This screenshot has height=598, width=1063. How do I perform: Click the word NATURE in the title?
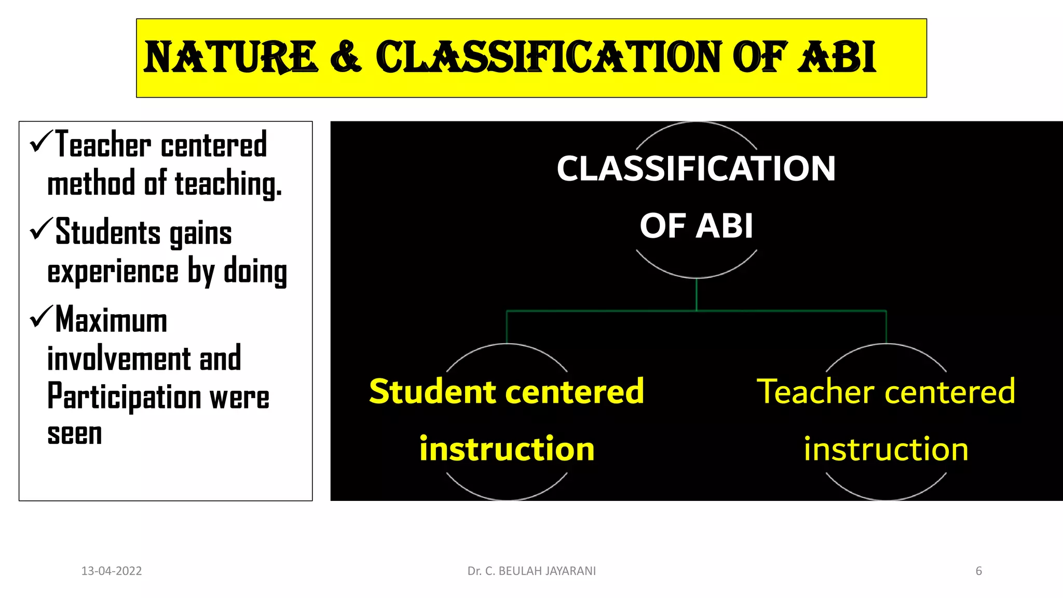[230, 57]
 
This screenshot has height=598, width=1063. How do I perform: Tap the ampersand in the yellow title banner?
[345, 57]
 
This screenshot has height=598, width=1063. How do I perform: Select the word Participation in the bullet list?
[124, 397]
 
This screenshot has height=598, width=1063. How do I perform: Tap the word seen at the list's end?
[75, 434]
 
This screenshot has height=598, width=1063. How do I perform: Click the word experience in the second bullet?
[113, 272]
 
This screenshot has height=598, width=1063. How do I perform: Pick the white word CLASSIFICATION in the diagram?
[696, 169]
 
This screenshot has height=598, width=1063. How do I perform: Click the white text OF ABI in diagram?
[696, 226]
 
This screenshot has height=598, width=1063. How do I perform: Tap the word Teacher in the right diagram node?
[815, 391]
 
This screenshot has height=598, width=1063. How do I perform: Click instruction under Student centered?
[507, 449]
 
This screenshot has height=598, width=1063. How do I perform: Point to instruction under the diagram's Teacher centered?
[886, 449]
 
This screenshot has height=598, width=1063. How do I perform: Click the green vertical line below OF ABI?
[696, 295]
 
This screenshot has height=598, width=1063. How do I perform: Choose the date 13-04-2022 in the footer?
[112, 571]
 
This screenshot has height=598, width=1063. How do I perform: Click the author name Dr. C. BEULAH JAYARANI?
[531, 571]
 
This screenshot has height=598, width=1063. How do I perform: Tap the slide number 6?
[978, 571]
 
